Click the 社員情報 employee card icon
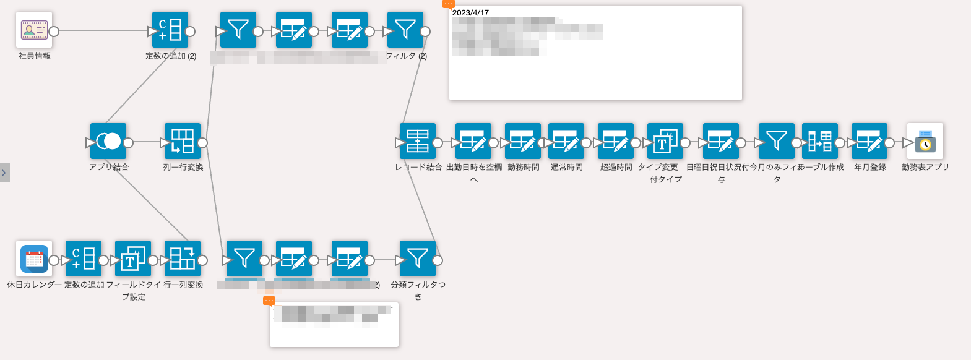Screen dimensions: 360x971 (34, 30)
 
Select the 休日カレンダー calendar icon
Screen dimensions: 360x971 (34, 259)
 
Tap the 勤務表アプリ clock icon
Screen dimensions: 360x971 (925, 141)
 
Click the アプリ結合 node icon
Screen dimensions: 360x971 (108, 141)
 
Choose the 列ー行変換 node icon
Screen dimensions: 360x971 (183, 141)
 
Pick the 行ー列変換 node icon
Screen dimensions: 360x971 (183, 259)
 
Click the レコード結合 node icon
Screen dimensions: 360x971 (418, 141)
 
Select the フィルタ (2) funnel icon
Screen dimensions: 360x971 (405, 30)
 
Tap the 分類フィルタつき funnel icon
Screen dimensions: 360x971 (418, 259)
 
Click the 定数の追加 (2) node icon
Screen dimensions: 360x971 (170, 30)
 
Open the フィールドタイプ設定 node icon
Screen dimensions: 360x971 (133, 259)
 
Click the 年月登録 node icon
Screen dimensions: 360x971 (870, 141)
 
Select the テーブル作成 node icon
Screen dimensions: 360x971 (820, 141)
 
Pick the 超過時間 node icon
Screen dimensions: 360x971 (616, 141)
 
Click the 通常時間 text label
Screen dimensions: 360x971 (567, 168)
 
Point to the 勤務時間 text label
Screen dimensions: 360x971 (524, 168)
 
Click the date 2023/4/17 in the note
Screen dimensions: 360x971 (470, 13)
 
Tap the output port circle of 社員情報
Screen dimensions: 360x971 (54, 31)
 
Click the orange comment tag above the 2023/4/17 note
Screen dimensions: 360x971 (449, 4)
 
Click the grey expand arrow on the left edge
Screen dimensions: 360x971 (4, 173)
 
